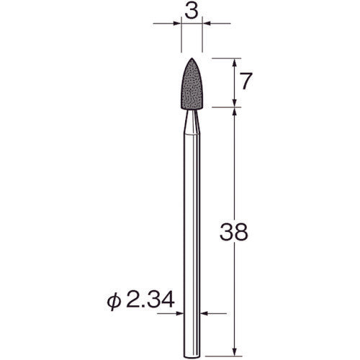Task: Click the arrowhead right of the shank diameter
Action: coord(204,313)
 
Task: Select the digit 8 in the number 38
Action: coord(243,233)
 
